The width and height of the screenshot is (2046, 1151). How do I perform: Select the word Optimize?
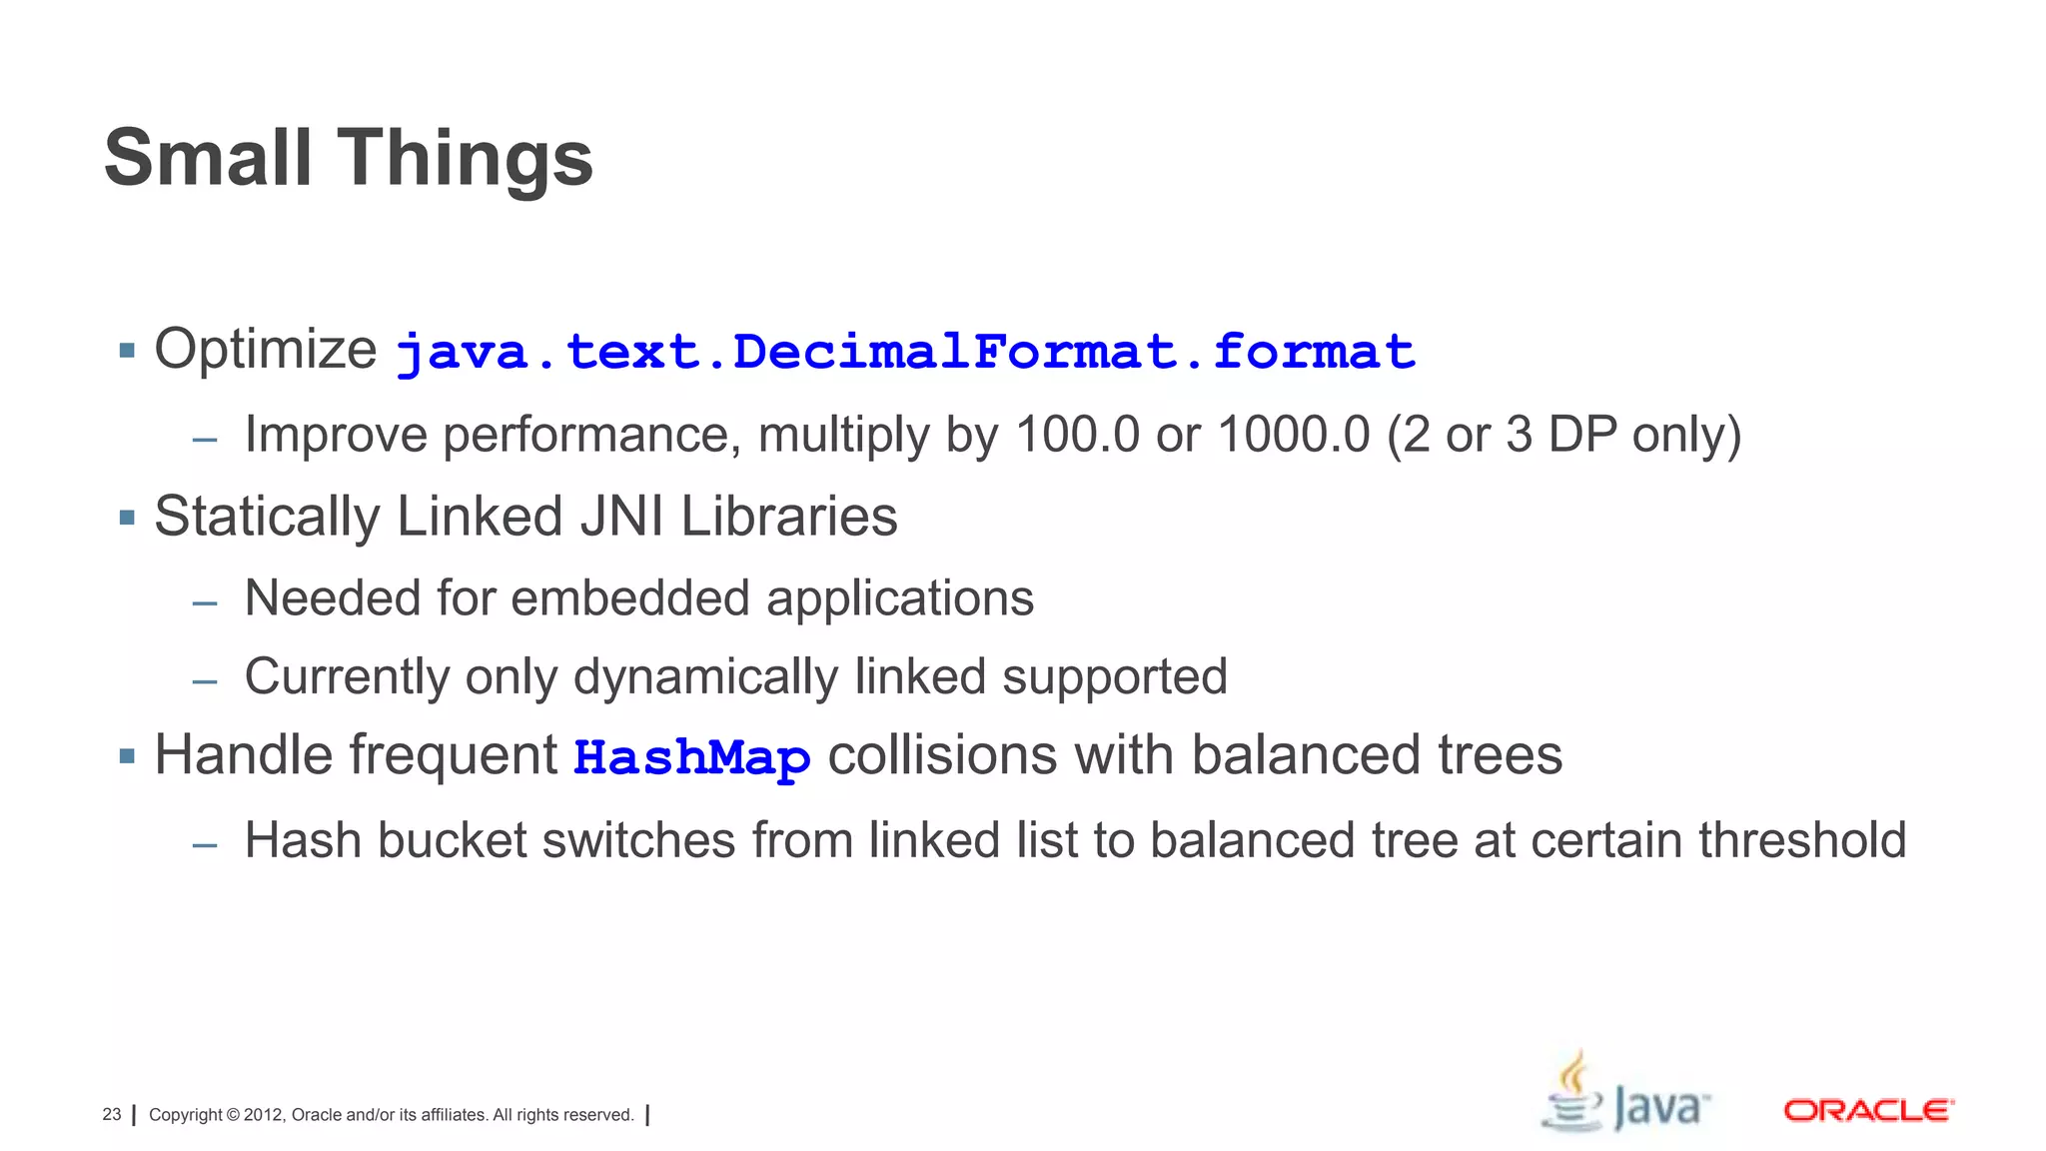(266, 350)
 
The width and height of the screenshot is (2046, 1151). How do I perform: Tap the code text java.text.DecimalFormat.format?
(905, 352)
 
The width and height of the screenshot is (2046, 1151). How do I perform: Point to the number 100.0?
(1077, 435)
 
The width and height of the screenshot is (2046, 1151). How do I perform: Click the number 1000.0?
(1294, 435)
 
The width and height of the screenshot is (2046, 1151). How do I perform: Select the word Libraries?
(789, 517)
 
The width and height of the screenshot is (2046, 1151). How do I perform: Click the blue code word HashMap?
(691, 756)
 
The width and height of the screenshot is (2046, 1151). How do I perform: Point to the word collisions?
(942, 754)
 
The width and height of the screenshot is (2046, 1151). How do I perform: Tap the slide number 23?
(112, 1115)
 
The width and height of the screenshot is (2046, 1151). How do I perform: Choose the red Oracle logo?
(1868, 1110)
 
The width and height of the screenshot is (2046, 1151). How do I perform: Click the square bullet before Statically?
(127, 518)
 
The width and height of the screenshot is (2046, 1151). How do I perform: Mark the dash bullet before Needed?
(205, 602)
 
